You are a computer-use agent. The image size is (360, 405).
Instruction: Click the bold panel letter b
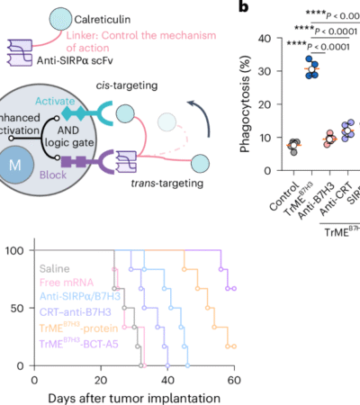pos(242,8)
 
